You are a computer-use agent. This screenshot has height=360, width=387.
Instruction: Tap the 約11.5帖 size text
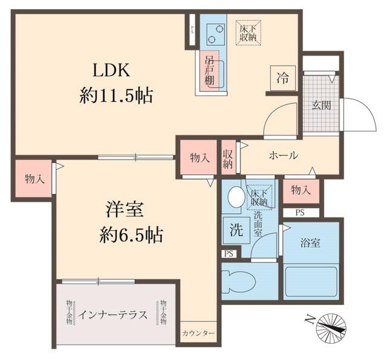click(115, 95)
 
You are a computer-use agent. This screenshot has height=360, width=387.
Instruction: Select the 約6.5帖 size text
click(131, 235)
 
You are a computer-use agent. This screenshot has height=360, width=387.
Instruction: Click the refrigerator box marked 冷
click(282, 77)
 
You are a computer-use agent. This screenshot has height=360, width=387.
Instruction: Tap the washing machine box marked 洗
click(236, 230)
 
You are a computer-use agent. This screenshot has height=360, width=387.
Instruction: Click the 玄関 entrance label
click(321, 105)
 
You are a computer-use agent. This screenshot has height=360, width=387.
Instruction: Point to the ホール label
click(283, 155)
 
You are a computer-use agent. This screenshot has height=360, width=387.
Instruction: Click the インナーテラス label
click(114, 315)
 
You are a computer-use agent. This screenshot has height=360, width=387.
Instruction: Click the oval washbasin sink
click(236, 197)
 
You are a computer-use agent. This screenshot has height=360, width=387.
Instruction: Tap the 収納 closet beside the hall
click(227, 158)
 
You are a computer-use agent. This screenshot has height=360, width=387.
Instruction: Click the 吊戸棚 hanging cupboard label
click(209, 69)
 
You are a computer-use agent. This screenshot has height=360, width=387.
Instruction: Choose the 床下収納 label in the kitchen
click(249, 32)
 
